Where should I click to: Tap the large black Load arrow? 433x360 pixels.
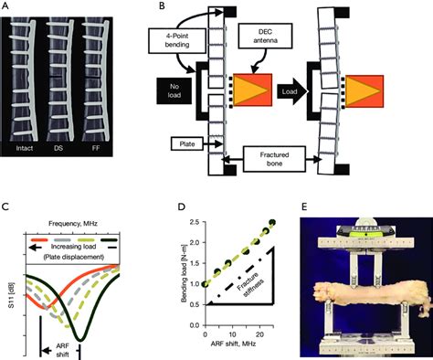[308, 92]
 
